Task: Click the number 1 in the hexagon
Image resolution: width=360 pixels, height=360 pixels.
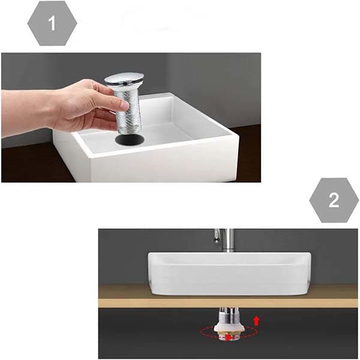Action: point(52,23)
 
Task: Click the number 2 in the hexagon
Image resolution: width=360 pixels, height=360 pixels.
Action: point(333,200)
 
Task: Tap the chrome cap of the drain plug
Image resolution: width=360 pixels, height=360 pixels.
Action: point(124,79)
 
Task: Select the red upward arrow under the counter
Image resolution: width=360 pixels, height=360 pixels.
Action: point(257,321)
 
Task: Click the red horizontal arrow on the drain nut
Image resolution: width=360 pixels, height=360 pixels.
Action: point(229,338)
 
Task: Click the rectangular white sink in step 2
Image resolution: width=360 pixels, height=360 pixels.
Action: point(228,273)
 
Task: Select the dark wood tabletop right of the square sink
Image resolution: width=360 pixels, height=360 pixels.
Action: point(249,156)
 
